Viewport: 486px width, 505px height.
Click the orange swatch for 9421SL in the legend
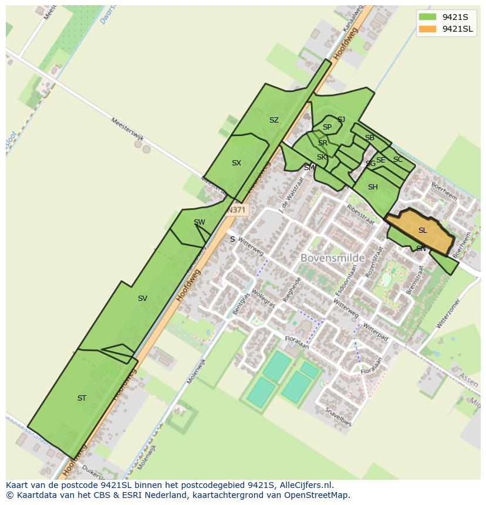tap(427, 29)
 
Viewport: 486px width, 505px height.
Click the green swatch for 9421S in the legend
tap(427, 16)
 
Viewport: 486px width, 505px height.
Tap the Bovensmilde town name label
tap(332, 257)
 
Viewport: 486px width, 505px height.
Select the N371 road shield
tap(237, 209)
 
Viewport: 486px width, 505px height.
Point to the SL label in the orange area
tap(423, 231)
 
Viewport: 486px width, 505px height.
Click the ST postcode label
tap(82, 398)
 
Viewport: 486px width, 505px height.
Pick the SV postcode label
tap(142, 299)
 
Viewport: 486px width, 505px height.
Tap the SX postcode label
tap(236, 163)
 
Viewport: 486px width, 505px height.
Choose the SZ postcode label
tap(274, 120)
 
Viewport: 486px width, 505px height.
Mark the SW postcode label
tap(199, 222)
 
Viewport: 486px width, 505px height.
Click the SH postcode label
tap(373, 187)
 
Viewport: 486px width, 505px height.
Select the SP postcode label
tap(327, 127)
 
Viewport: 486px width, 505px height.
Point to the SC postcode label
tap(398, 160)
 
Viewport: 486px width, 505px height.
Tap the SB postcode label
tap(370, 138)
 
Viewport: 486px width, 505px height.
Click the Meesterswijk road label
tap(127, 129)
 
